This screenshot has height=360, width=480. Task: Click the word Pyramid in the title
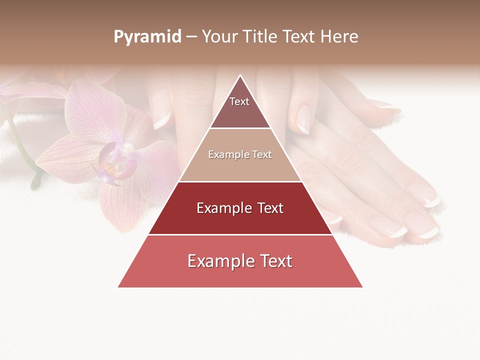(x=147, y=37)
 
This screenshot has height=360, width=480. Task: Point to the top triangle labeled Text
(x=240, y=107)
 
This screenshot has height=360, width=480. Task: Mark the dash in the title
(x=191, y=37)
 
